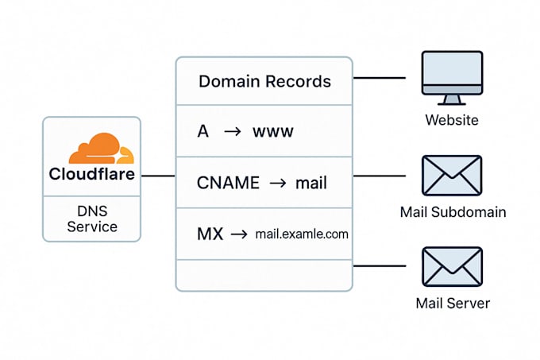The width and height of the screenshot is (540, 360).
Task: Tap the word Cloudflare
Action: click(x=91, y=174)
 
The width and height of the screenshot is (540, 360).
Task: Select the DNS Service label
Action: click(x=91, y=219)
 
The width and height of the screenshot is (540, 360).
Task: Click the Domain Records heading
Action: click(x=264, y=81)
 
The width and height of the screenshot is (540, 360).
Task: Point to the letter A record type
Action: click(x=202, y=131)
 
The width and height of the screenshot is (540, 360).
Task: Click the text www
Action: click(x=272, y=131)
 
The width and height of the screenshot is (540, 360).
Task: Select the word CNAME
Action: click(x=228, y=183)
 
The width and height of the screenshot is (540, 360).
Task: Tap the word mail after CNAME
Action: click(x=310, y=183)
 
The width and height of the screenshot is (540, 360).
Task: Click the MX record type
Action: click(x=210, y=234)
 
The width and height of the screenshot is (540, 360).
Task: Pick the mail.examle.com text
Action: click(x=302, y=234)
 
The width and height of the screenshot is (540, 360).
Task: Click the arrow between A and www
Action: click(x=233, y=131)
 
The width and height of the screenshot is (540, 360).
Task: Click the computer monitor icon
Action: click(x=452, y=77)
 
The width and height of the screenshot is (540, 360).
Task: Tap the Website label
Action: click(x=452, y=120)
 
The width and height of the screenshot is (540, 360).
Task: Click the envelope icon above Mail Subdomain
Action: click(x=452, y=176)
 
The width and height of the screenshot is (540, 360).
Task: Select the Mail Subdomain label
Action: click(x=453, y=212)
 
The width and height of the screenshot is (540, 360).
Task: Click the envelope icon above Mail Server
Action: click(x=452, y=267)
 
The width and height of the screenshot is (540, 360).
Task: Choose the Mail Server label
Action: click(x=453, y=303)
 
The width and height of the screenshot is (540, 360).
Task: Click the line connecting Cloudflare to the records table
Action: click(x=158, y=176)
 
